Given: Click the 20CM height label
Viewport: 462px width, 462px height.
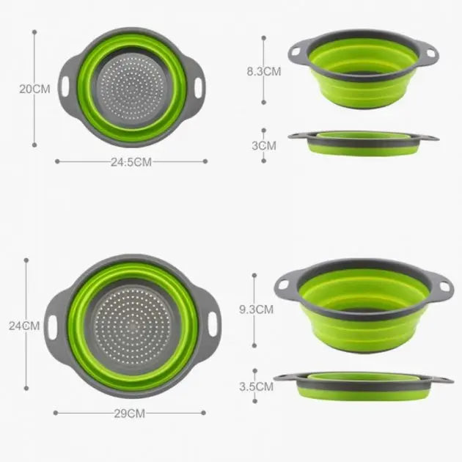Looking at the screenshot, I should [34, 89].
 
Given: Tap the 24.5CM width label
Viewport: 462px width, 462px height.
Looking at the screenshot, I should [131, 162].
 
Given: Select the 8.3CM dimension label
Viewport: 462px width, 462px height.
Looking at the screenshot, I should [263, 71].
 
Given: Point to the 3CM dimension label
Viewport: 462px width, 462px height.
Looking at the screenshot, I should [263, 145].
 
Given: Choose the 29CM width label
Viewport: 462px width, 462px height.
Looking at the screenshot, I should [131, 414].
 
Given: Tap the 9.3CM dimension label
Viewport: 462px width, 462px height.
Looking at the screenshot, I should [256, 309].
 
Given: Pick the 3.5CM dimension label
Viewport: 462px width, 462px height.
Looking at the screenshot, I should [256, 386].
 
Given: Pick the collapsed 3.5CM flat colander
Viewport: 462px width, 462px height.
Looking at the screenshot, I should [363, 385].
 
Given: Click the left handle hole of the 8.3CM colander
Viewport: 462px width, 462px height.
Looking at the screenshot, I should [296, 52].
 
